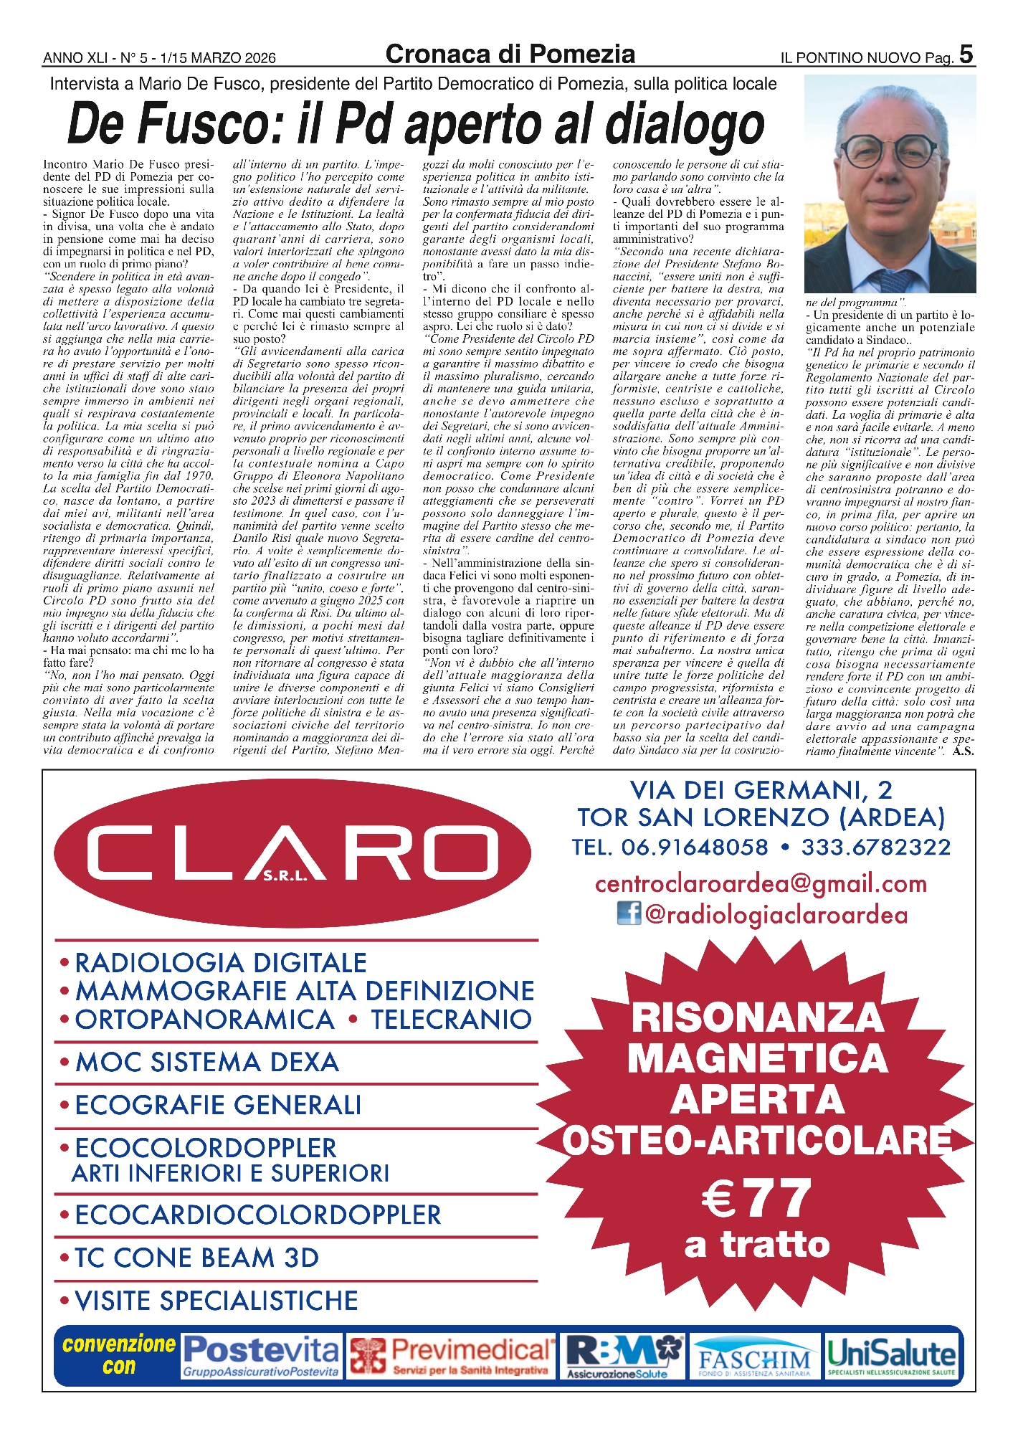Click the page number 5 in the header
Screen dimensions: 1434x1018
click(x=966, y=54)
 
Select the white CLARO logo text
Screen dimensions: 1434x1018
click(x=292, y=852)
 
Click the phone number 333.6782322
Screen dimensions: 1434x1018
click(x=876, y=847)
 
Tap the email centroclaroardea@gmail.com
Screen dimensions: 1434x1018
click(x=761, y=883)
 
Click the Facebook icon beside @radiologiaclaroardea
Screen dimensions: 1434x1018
click(x=629, y=913)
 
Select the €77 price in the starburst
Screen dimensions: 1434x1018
click(x=757, y=1198)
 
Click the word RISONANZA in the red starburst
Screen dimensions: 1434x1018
click(x=757, y=1017)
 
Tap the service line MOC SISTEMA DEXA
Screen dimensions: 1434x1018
click(x=206, y=1062)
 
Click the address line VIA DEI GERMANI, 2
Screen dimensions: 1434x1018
click(x=761, y=790)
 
